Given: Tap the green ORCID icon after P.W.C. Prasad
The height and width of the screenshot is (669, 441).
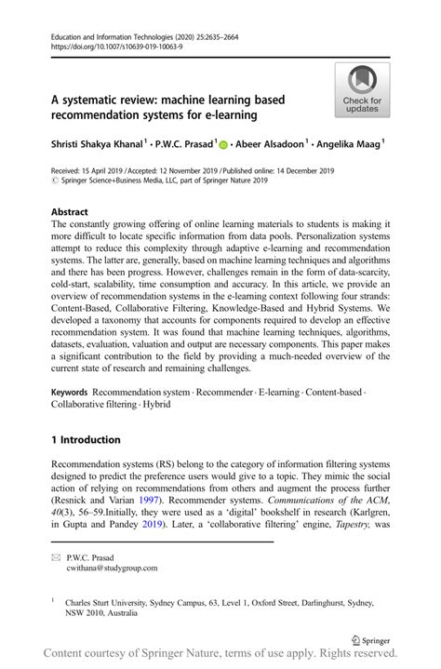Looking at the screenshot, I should point(223,144).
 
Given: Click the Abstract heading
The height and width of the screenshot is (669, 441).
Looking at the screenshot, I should point(70,211).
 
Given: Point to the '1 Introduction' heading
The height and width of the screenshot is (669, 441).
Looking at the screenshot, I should point(86,439).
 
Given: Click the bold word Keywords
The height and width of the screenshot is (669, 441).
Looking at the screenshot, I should point(70,395).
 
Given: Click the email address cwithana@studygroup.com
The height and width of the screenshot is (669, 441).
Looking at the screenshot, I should point(110,568).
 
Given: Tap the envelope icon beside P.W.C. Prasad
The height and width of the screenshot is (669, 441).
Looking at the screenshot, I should point(57,556).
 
